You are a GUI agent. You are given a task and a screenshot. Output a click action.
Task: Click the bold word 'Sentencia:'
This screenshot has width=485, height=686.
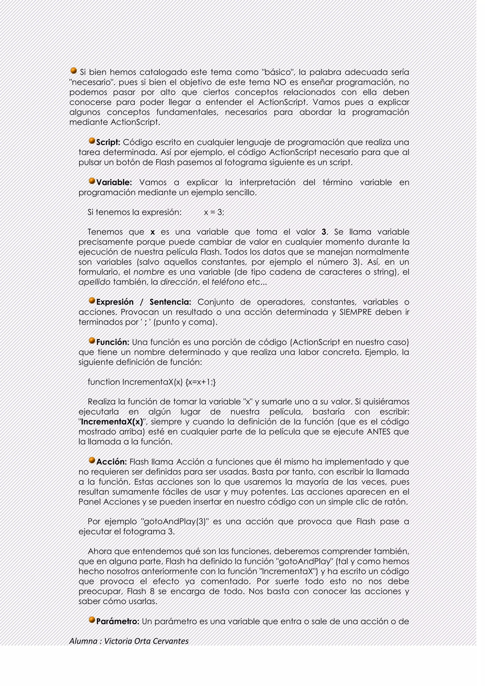click(170, 302)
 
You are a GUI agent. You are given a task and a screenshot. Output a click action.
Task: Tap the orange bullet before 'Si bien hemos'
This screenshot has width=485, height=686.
click(73, 71)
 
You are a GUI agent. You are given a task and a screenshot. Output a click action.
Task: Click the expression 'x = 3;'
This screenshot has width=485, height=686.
click(214, 212)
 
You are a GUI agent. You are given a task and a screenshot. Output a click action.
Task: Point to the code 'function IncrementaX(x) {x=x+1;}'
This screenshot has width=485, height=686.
click(152, 382)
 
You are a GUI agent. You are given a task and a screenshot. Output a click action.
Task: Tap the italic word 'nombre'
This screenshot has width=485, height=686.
click(149, 272)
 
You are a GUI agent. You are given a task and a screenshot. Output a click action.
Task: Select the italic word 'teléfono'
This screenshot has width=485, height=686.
click(228, 282)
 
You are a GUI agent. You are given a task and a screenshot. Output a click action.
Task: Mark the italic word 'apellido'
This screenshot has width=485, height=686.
click(94, 282)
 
